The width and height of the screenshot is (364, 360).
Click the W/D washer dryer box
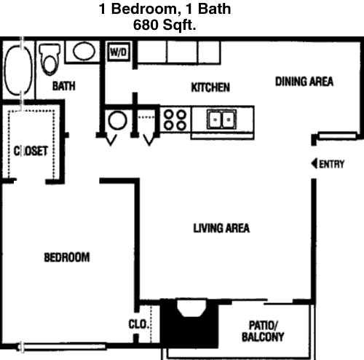pos(119,52)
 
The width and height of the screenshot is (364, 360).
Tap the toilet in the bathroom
pos(50,59)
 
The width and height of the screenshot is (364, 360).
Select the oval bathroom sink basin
pos(84,51)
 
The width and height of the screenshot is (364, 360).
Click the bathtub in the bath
pos(19,71)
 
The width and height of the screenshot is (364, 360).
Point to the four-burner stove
pos(175,120)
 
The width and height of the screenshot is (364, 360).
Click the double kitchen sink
pos(221,120)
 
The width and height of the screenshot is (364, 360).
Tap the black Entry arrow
pos(314,163)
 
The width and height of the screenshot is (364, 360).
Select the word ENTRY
pos(332,164)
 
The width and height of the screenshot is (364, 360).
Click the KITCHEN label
pos(210,87)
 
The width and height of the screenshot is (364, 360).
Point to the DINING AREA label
pos(304,82)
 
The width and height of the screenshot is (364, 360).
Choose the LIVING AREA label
pos(221,228)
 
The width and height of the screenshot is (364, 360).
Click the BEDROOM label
pos(67,257)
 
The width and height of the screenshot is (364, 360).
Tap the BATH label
pos(64,86)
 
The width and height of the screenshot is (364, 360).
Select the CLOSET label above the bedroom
pos(31,151)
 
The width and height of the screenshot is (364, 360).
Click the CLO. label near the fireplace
pos(138,324)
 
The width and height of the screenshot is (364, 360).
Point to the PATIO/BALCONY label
pos(263,332)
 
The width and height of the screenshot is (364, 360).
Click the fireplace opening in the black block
pos(191,308)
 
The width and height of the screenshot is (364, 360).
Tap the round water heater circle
pos(117,120)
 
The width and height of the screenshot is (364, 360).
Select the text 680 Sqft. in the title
pos(165,25)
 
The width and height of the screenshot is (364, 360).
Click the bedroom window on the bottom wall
pos(62,346)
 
